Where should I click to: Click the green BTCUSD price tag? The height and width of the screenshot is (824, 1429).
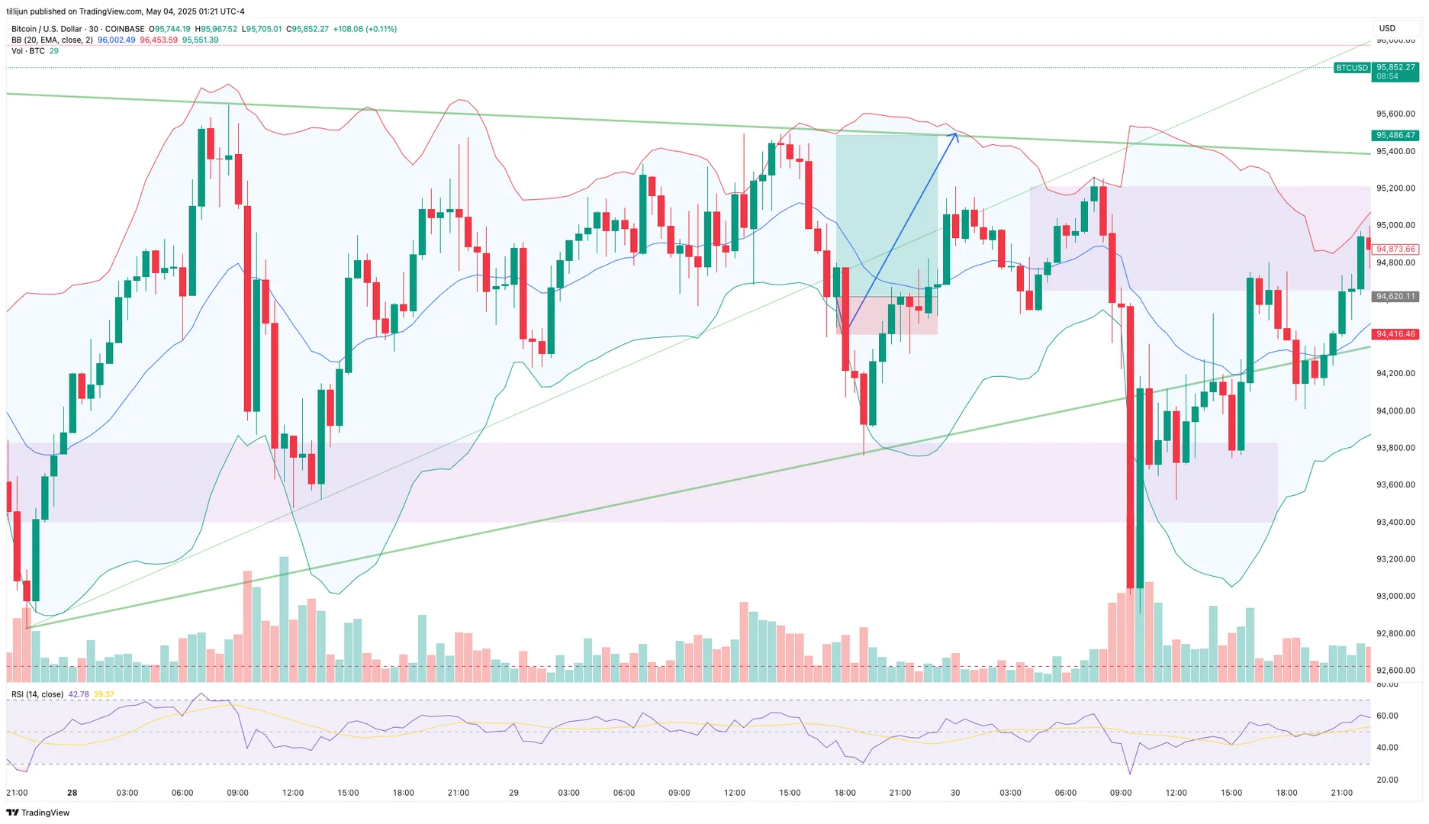coord(1351,68)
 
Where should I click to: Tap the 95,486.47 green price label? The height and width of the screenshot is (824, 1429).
coord(1395,135)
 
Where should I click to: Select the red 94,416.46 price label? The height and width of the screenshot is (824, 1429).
coord(1395,334)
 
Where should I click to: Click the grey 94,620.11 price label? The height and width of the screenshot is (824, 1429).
coord(1395,296)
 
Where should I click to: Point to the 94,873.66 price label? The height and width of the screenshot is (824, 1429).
coord(1395,249)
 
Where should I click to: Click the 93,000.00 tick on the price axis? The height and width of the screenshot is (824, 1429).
coord(1395,597)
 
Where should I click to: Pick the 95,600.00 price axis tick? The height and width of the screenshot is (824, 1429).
coord(1395,114)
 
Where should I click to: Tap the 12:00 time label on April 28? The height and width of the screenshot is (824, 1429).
coord(293,793)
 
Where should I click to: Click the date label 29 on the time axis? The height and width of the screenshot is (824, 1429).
coord(513,793)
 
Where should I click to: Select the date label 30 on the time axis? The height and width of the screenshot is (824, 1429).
coord(955,793)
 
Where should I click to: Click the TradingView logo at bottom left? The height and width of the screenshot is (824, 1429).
coord(37,813)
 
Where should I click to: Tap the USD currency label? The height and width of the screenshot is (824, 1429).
coord(1387,28)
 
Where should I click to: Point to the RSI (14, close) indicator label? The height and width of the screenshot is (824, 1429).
coord(37,694)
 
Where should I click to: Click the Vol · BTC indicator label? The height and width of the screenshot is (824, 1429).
coord(28,51)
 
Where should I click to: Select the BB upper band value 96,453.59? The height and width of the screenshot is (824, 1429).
coord(159,40)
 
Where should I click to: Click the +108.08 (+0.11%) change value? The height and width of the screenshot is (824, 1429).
coord(365,29)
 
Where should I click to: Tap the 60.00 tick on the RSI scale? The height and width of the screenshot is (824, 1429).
coord(1387,716)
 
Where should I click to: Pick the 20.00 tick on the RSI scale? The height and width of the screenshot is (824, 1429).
coord(1387,780)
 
